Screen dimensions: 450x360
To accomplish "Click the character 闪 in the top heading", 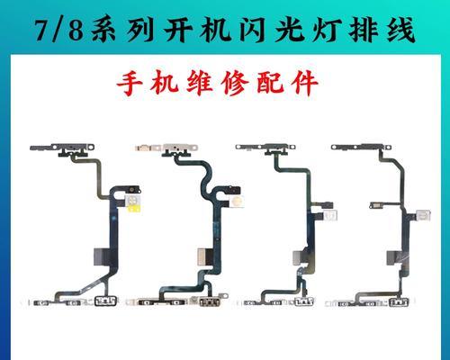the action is pos(252,29).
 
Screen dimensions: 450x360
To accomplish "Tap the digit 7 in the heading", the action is pos(43,30).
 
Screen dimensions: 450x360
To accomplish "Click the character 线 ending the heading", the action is pos(401,29).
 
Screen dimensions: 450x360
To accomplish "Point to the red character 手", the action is pos(129,83).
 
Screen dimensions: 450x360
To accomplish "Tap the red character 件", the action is pos(304,83).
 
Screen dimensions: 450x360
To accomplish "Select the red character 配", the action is pos(270,83).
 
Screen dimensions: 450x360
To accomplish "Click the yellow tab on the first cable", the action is pos(134,208).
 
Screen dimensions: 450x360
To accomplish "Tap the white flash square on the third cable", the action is pos(330,216).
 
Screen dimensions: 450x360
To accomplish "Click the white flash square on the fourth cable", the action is pos(423,214).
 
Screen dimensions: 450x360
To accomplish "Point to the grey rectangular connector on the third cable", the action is pos(300,257).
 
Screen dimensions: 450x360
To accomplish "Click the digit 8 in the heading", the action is pos(76,30).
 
